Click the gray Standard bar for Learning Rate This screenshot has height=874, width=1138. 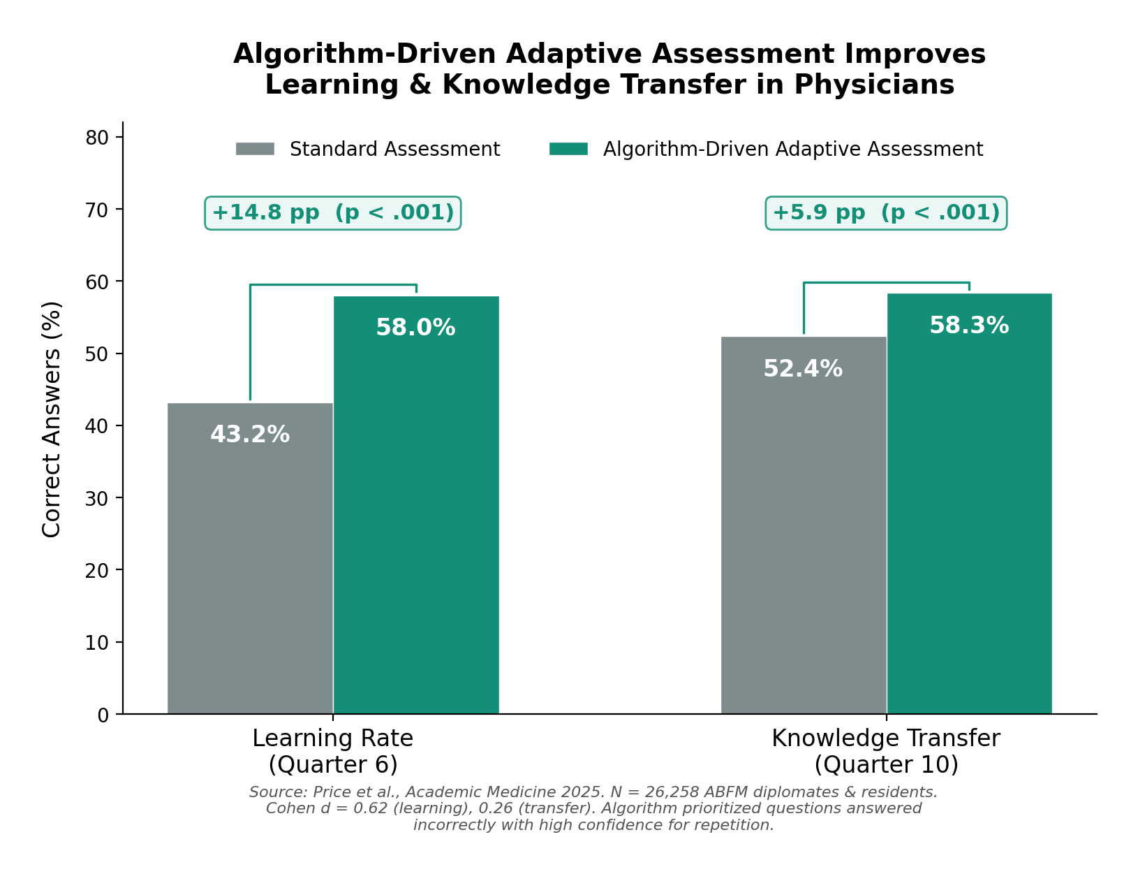[250, 559]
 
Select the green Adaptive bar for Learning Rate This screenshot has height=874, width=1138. [416, 517]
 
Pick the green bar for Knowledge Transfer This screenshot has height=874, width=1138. [969, 517]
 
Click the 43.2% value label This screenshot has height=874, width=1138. [250, 435]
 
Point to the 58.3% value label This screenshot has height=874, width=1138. [969, 326]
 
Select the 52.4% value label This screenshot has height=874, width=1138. [803, 369]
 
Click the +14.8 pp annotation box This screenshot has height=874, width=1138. [333, 212]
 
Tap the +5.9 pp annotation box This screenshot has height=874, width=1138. [886, 212]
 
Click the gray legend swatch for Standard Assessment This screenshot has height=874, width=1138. [255, 149]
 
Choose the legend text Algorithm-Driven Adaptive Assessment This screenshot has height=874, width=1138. [792, 150]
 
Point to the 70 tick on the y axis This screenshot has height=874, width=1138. [97, 210]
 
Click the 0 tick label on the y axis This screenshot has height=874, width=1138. [103, 715]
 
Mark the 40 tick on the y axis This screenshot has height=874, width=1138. [97, 426]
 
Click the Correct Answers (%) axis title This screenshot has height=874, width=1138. [52, 419]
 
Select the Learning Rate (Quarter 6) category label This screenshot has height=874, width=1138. [333, 751]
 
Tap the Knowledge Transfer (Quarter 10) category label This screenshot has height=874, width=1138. [886, 751]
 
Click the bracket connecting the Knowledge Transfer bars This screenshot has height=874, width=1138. [886, 283]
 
